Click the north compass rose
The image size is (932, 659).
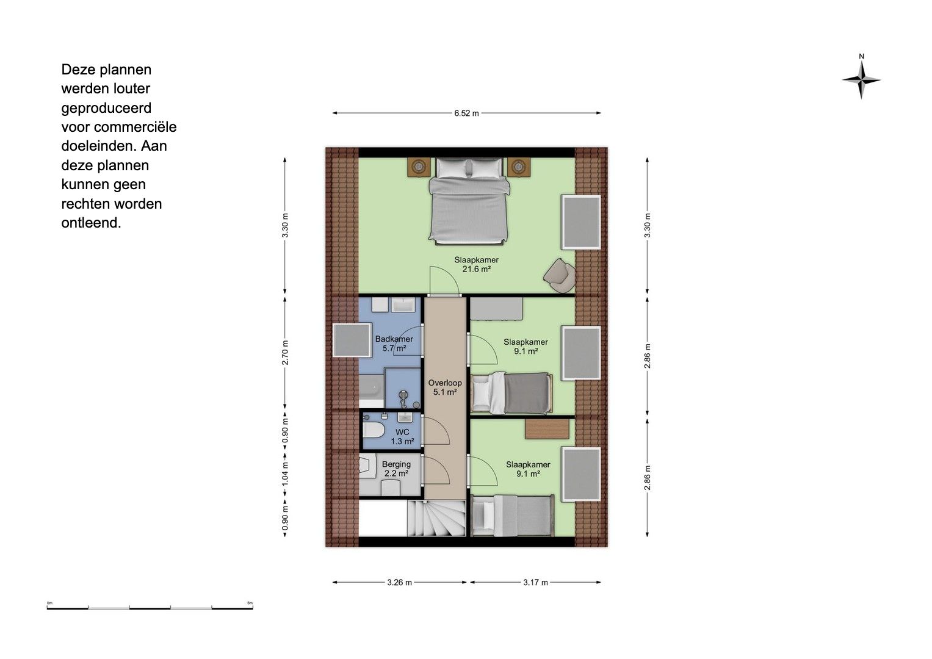tap(861, 80)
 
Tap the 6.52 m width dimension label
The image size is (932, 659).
tap(466, 113)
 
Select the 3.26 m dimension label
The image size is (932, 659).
tap(399, 583)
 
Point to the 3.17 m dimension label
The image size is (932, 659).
tap(535, 583)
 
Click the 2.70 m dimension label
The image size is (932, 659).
tap(285, 353)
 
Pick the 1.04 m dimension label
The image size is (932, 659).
tap(285, 474)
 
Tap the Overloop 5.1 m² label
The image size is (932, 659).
tap(445, 387)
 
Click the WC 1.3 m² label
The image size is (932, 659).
tap(402, 437)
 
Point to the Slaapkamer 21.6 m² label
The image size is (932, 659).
tap(477, 265)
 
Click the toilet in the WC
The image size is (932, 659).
tap(373, 430)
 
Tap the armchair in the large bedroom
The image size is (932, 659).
tap(560, 275)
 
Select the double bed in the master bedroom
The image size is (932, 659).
tap(469, 201)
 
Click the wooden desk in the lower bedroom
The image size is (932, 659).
tap(547, 429)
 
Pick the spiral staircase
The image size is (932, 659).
tap(436, 519)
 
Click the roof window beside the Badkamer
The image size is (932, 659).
tap(352, 340)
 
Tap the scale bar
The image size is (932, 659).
tap(150, 608)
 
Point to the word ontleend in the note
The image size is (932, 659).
tap(91, 223)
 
